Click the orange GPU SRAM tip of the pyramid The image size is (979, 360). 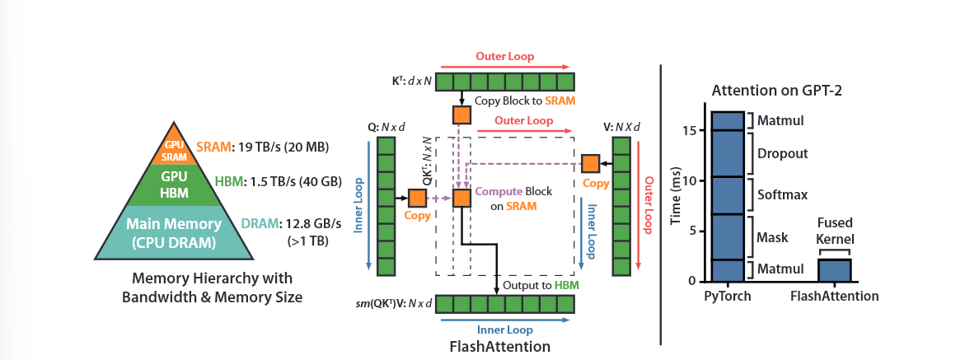click(x=174, y=148)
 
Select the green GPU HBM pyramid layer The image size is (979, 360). click(x=174, y=185)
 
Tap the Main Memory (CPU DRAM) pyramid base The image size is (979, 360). click(x=174, y=232)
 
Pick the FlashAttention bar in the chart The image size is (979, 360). click(x=835, y=270)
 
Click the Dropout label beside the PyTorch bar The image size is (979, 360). click(x=782, y=153)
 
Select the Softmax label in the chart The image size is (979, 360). click(x=782, y=194)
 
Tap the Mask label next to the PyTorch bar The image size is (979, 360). click(x=772, y=237)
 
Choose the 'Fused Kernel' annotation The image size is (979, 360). click(x=835, y=231)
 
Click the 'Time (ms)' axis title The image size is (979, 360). click(x=676, y=195)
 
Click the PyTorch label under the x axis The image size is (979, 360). click(x=728, y=296)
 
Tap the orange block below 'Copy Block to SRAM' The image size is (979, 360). click(x=461, y=115)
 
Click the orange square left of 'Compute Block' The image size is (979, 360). click(x=461, y=199)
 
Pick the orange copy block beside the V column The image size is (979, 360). click(x=591, y=163)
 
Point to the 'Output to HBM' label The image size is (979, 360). click(x=541, y=285)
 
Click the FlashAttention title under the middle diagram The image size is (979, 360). click(x=500, y=346)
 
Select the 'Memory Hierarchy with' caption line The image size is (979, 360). click(x=213, y=278)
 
